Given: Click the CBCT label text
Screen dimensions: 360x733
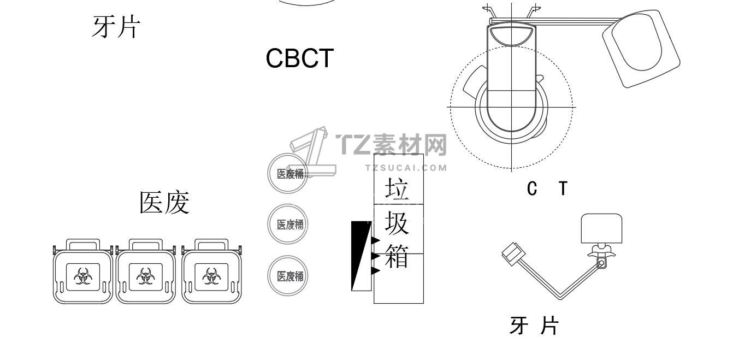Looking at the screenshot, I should pos(299,58).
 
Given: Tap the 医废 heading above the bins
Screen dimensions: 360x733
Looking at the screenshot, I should pos(164,203).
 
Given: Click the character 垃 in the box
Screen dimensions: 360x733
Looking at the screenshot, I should pos(397,188).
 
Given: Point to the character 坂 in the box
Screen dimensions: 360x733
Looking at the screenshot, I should pos(397,223).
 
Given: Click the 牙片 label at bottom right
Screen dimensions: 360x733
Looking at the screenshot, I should pos(534,326).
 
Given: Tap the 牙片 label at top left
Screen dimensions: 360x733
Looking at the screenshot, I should pos(116,27).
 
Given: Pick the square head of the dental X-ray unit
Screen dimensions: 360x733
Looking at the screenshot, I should pos(602,228).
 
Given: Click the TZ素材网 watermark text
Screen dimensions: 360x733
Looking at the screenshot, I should pos(392,145).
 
